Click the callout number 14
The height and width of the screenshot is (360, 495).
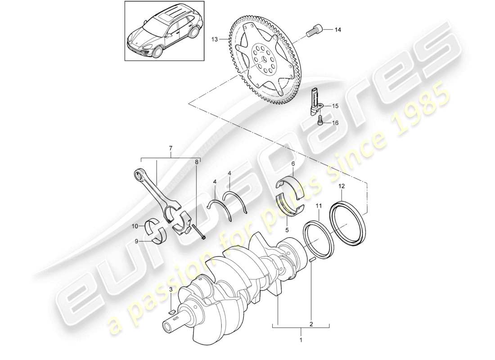[337, 30]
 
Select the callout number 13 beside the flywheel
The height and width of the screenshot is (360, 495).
[216, 40]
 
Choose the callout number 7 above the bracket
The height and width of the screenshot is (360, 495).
[171, 148]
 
